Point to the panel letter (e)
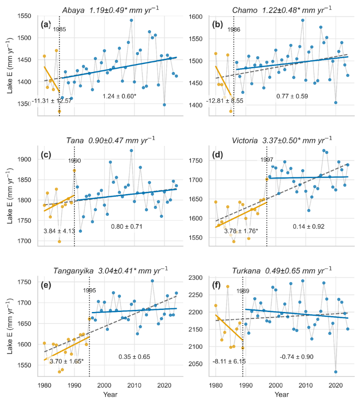tap(46, 286)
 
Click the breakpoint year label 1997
tap(267, 160)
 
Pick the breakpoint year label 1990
tap(75, 160)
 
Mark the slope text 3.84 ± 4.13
tap(59, 231)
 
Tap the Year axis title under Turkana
tap(282, 394)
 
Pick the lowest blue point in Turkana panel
tap(336, 372)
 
